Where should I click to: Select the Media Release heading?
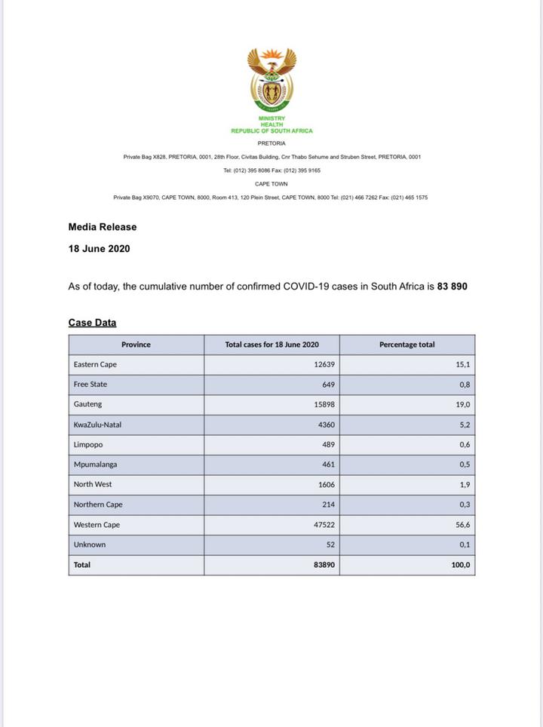[103, 226]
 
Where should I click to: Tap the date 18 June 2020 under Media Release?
[99, 248]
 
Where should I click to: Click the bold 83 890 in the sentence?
[452, 287]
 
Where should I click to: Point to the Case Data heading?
[92, 323]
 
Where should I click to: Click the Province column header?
[136, 345]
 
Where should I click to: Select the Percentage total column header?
[406, 345]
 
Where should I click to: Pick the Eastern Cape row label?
[95, 364]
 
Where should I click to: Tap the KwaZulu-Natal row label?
[97, 425]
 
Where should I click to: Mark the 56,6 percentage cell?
[462, 525]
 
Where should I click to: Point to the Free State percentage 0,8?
[465, 385]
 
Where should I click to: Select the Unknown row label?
[90, 544]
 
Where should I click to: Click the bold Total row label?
[82, 564]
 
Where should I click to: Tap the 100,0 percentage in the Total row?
[461, 564]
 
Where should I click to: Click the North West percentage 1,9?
[465, 485]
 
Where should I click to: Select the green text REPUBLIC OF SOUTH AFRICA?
[271, 131]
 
